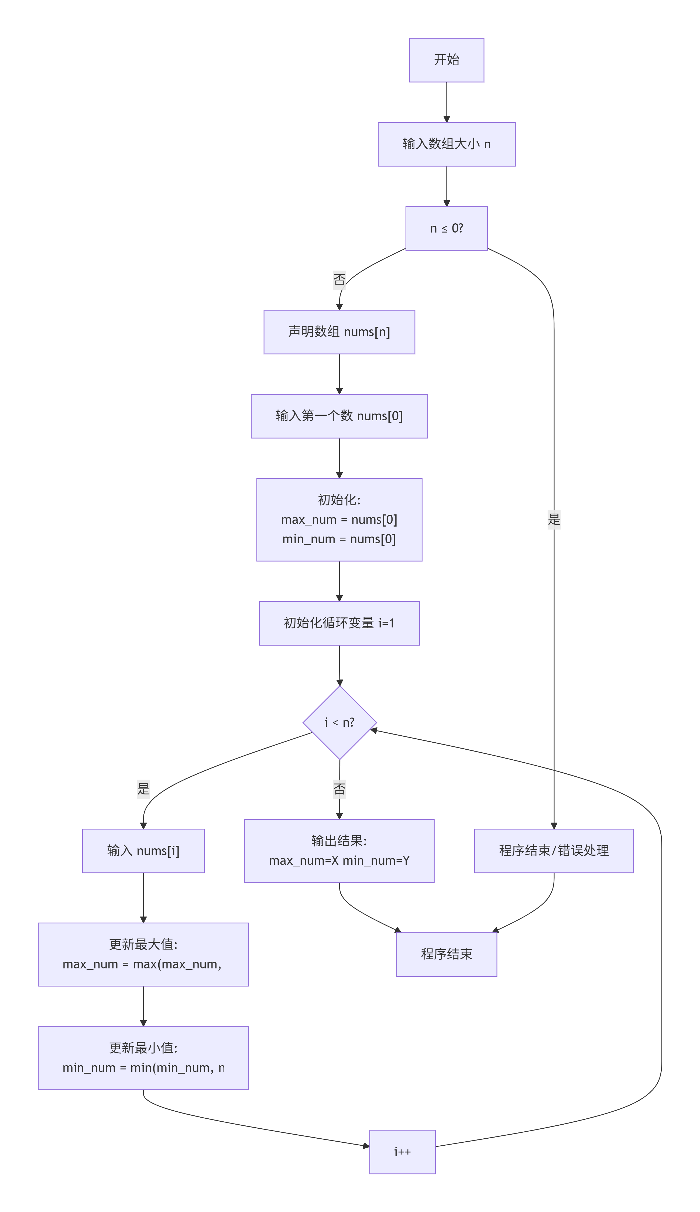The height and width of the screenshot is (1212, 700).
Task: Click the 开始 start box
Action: [x=447, y=60]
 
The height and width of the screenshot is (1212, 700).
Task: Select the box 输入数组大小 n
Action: [x=447, y=144]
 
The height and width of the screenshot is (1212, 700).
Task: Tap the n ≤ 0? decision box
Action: [x=447, y=228]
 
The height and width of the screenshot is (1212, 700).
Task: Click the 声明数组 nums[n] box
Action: [x=339, y=332]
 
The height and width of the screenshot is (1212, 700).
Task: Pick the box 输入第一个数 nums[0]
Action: [x=339, y=416]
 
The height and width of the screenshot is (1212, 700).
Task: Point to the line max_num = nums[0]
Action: [x=339, y=520]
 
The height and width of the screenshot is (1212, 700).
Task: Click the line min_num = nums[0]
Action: [x=339, y=539]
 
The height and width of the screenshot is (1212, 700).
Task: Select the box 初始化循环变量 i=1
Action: [x=339, y=623]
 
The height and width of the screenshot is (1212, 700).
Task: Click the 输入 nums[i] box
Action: [x=143, y=851]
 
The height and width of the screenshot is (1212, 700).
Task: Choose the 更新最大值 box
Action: [x=143, y=955]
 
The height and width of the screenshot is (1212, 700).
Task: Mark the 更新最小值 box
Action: [x=143, y=1058]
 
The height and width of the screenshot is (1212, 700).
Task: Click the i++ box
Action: [x=402, y=1152]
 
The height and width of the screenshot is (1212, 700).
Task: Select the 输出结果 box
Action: [x=339, y=851]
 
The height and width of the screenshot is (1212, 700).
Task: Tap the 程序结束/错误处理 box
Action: [x=554, y=851]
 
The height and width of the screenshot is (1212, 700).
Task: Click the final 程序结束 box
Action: [x=447, y=955]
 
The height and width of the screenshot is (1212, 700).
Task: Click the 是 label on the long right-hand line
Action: [x=554, y=520]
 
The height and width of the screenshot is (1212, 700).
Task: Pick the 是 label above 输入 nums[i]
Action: [x=143, y=789]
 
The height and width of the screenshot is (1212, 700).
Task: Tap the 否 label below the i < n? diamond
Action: [x=339, y=789]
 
